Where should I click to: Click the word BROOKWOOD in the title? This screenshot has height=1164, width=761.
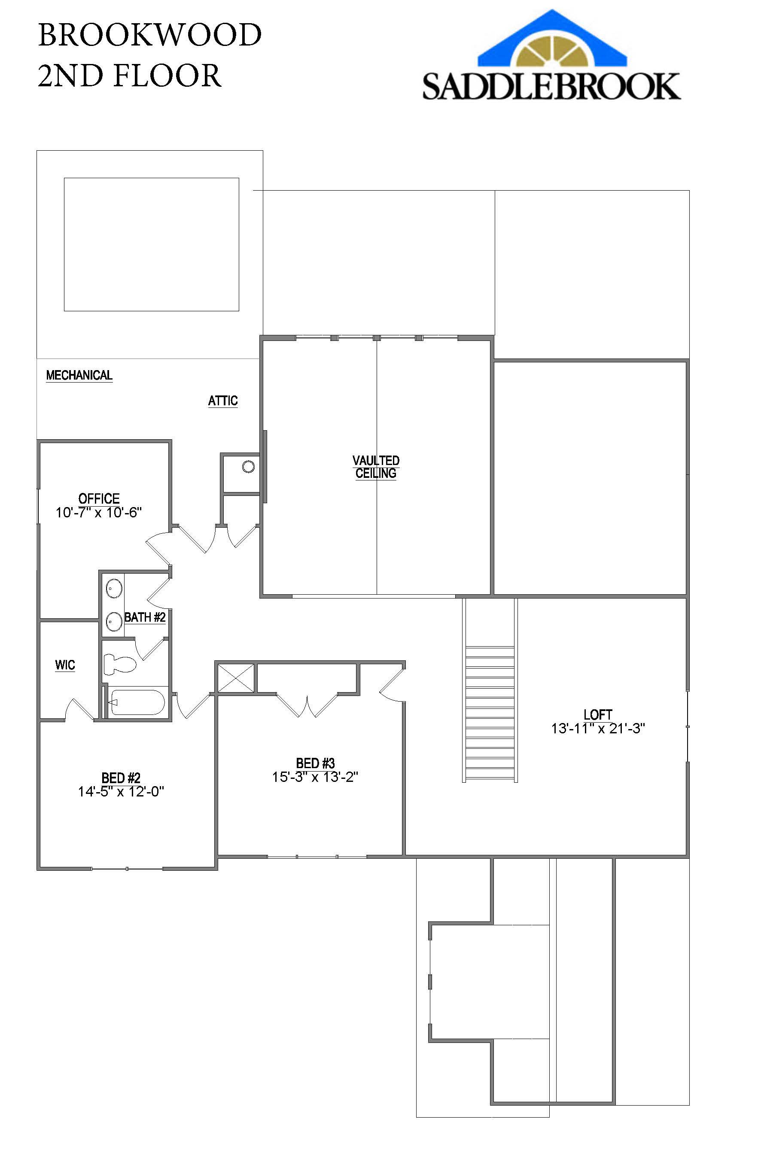(149, 35)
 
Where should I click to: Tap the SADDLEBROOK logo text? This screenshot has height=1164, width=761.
(551, 87)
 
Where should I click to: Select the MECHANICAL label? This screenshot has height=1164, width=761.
(79, 375)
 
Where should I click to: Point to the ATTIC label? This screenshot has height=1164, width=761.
(223, 401)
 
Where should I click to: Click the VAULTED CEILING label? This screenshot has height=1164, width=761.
(376, 467)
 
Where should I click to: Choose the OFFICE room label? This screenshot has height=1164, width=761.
(99, 498)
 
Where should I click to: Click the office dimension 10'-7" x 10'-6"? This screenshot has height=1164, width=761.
(99, 513)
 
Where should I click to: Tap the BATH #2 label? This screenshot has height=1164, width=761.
(145, 617)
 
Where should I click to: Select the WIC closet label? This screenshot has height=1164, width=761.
(65, 665)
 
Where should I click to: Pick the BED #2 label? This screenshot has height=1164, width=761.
(121, 778)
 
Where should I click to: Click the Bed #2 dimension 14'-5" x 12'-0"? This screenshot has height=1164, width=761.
(121, 791)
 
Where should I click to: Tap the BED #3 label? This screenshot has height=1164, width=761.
(316, 763)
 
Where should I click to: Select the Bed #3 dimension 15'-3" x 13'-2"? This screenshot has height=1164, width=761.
(316, 777)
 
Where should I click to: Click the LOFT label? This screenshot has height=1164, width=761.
(598, 714)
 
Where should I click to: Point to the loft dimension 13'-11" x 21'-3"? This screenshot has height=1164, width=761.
(598, 729)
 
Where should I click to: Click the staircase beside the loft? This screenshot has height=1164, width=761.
(490, 714)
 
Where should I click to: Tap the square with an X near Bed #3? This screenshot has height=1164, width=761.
(236, 678)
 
